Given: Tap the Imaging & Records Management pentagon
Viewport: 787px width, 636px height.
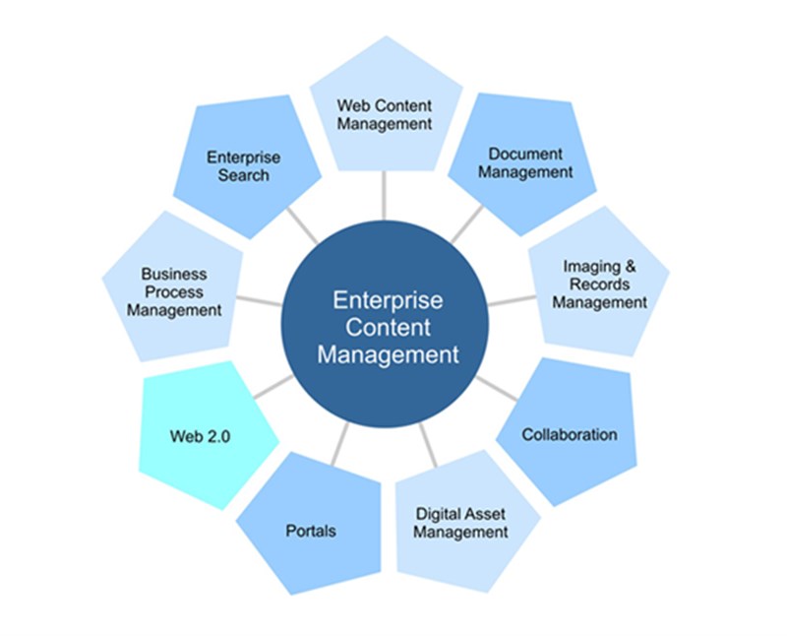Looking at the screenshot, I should (600, 286).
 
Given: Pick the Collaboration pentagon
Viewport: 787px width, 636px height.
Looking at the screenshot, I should (571, 433).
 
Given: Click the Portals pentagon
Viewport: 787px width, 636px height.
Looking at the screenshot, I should (310, 530).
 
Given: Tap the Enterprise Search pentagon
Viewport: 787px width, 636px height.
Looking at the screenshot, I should (244, 165).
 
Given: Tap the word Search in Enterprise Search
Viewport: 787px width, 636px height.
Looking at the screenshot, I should (244, 175).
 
